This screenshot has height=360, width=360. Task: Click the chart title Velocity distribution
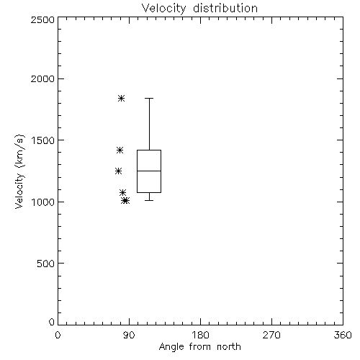[x=199, y=9]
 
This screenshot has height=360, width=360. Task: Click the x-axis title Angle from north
[x=199, y=347]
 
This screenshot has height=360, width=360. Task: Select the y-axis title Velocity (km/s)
[x=19, y=171]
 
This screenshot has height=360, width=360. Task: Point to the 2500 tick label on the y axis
[x=42, y=19]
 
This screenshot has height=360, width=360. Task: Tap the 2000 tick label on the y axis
[x=42, y=78]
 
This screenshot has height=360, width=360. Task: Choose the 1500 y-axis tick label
[x=43, y=140]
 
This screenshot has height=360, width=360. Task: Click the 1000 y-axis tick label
[x=43, y=202]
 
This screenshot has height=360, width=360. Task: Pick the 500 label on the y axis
[x=46, y=264]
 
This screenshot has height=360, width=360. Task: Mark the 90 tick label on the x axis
[x=130, y=335]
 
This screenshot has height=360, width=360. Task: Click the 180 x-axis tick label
[x=200, y=335]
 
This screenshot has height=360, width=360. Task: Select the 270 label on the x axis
[x=271, y=335]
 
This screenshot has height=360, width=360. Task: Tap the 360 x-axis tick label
[x=343, y=335]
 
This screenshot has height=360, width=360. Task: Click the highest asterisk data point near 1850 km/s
[x=121, y=98]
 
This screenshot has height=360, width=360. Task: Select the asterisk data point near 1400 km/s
[x=120, y=150]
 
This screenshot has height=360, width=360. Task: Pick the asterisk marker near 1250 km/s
[x=118, y=171]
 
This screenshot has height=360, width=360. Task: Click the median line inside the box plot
[x=149, y=171]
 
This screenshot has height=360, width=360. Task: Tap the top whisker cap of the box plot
[x=149, y=98]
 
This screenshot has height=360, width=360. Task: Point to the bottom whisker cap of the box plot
[x=149, y=200]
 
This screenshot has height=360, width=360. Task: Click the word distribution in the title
[x=225, y=9]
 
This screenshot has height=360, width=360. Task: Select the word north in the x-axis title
[x=229, y=347]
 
